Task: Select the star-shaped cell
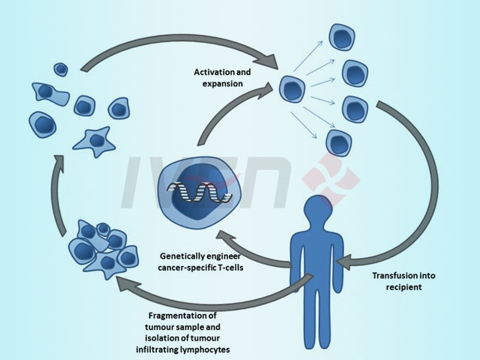(94, 141)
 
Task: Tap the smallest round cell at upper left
(61, 69)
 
